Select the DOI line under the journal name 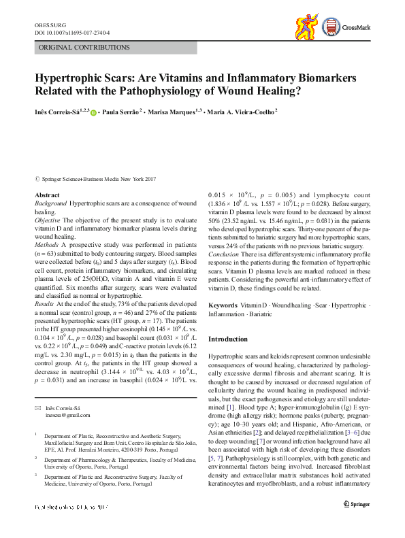point(71,32)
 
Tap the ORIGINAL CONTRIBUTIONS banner point(76,48)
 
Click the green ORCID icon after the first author point(93,112)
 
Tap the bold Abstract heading point(47,195)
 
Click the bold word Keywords point(223,306)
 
